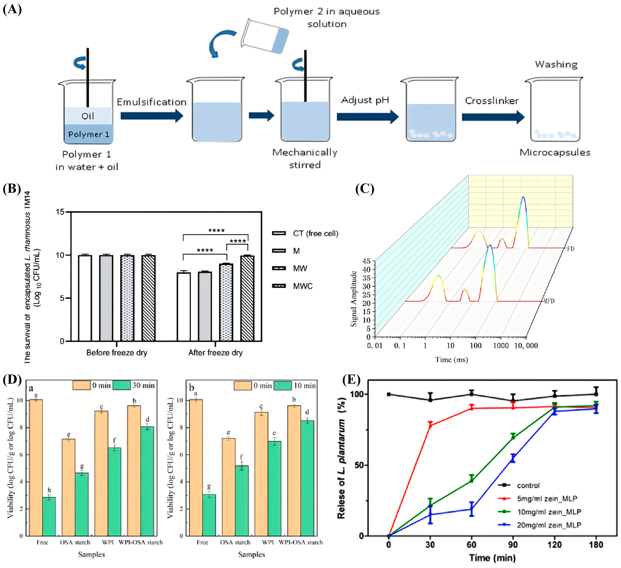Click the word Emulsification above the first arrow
[152, 102]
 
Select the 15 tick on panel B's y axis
[60, 212]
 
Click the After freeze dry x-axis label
[215, 353]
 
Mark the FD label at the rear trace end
[570, 249]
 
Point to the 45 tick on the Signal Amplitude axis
[367, 261]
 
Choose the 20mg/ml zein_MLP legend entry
[549, 525]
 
